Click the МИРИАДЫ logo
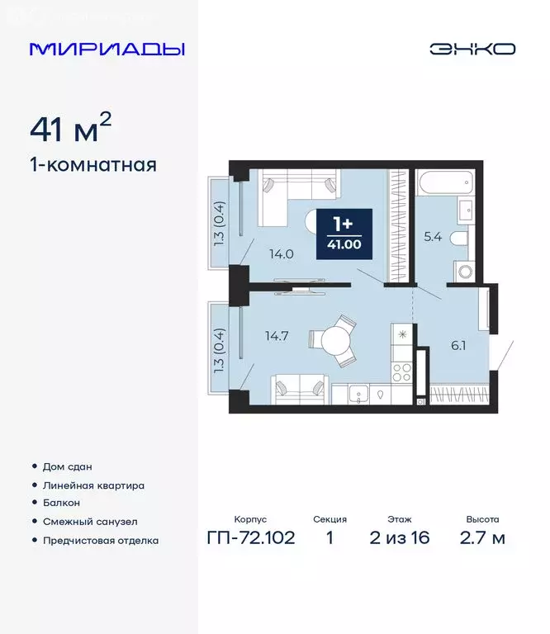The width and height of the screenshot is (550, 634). tap(107, 49)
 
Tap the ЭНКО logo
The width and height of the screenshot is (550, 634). tap(472, 49)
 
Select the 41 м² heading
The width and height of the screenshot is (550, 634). tap(70, 130)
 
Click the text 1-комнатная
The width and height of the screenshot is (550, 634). tap(92, 164)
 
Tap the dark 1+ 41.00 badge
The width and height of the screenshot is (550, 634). tap(344, 234)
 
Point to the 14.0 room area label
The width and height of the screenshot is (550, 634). tap(281, 253)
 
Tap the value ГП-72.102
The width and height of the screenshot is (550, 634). tap(249, 539)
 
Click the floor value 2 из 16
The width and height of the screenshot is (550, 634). tap(400, 539)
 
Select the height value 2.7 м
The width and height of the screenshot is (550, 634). tap(481, 539)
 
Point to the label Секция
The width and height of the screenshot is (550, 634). tap(330, 520)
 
